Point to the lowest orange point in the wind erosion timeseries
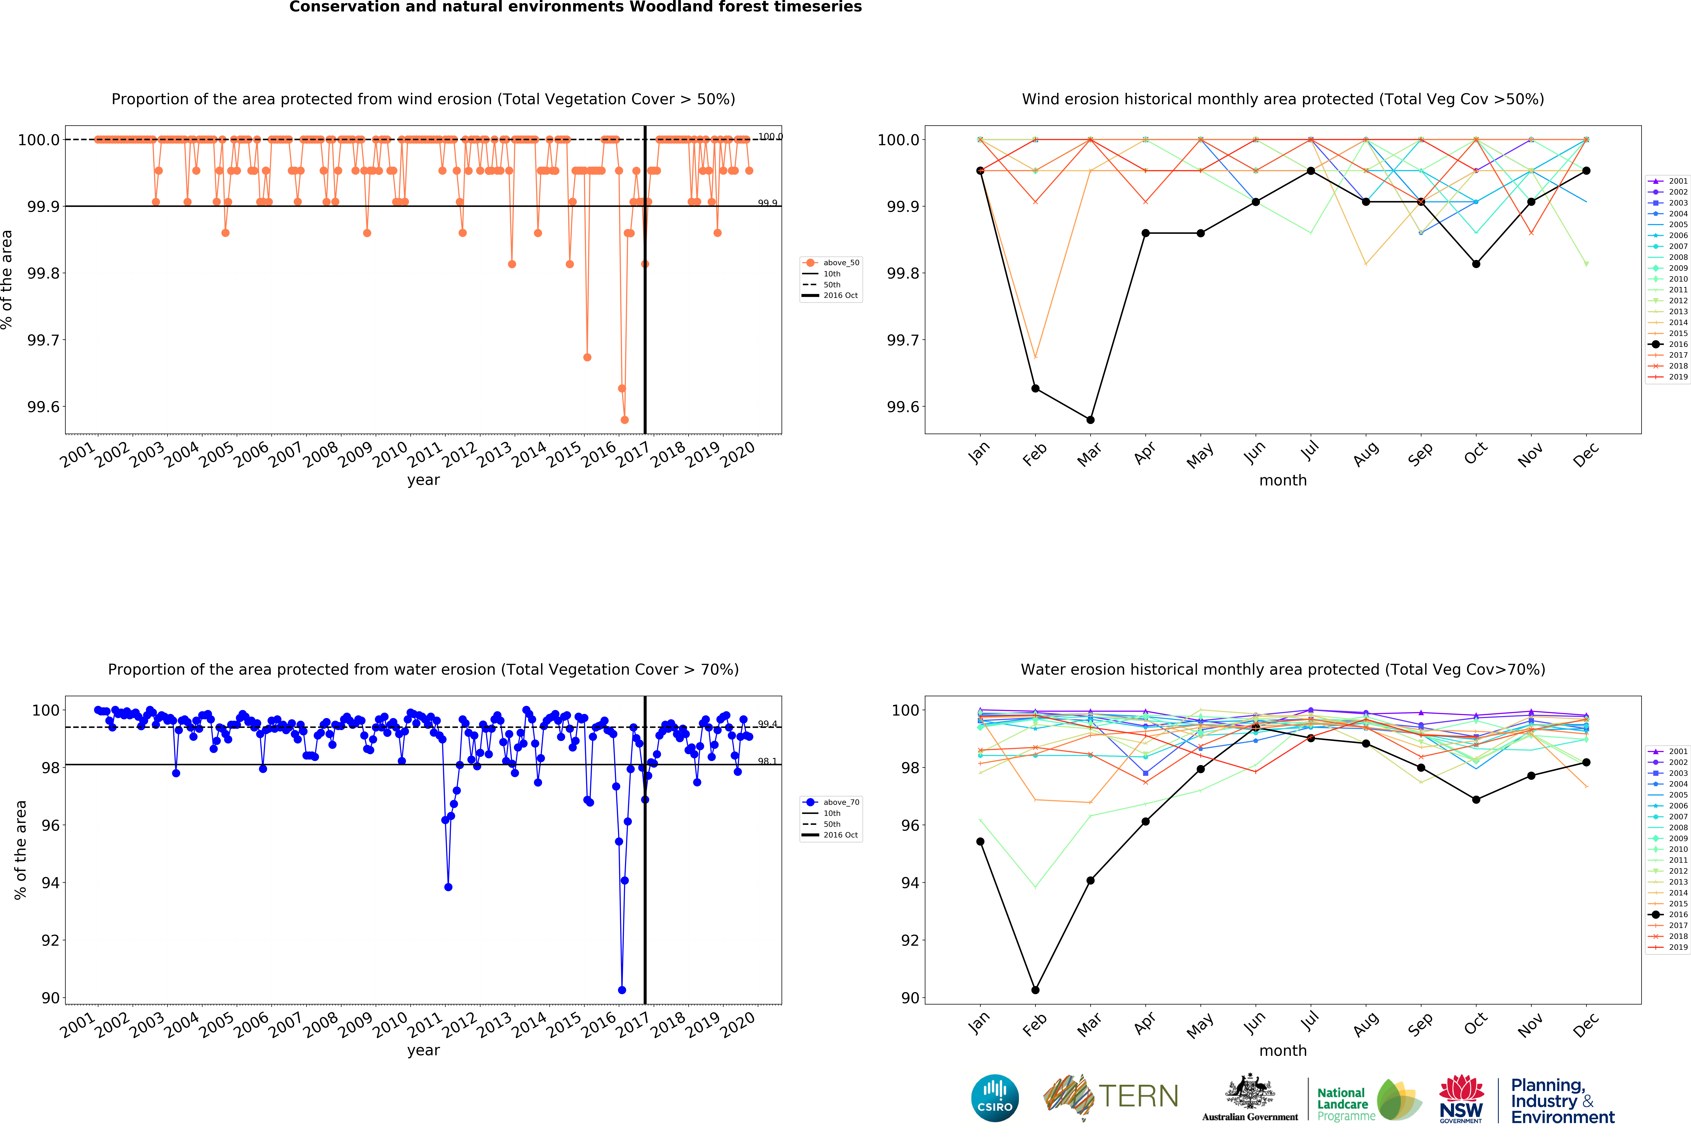click(x=624, y=420)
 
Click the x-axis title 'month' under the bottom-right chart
click(x=1283, y=1050)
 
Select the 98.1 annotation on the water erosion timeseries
click(x=767, y=761)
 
